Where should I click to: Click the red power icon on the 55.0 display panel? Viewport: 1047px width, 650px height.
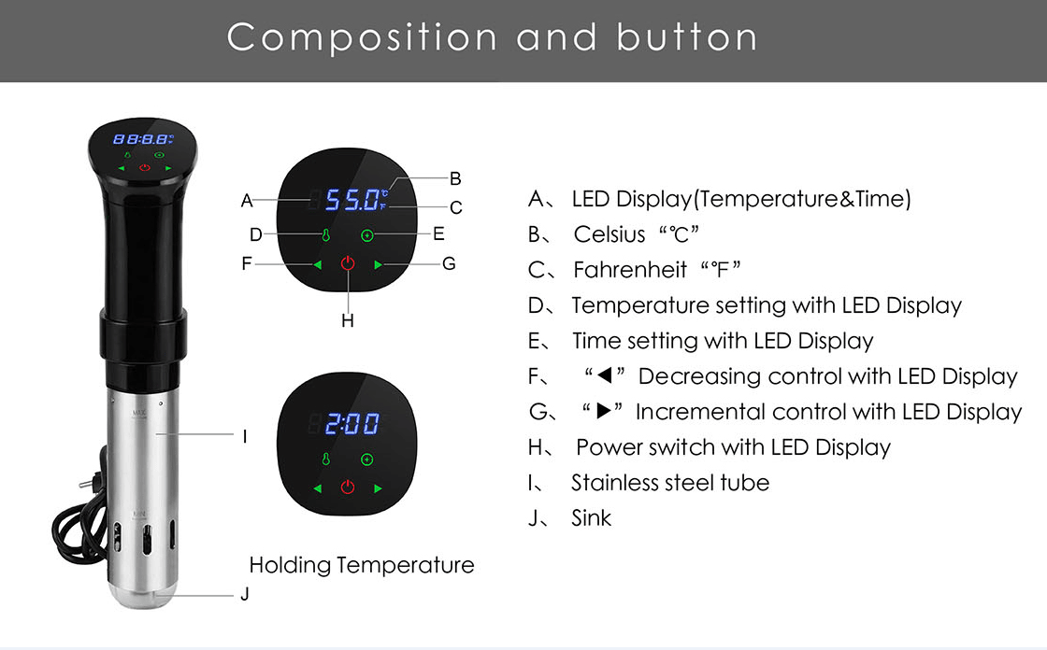348,263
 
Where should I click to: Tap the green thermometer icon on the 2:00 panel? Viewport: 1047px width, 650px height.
326,459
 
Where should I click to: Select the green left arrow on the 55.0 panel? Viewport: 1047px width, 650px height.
317,265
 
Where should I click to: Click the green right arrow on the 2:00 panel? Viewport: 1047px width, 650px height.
378,488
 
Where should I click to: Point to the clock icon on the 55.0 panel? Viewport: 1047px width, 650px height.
366,235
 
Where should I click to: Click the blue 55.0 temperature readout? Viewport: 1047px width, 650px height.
352,200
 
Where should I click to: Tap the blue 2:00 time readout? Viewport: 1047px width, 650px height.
351,424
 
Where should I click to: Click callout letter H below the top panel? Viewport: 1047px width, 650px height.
347,321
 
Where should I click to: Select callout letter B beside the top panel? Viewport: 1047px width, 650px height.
455,178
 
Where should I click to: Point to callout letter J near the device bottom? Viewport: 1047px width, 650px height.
245,594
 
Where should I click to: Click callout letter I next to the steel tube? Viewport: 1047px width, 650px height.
245,436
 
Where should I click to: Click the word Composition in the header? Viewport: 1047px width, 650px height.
362,37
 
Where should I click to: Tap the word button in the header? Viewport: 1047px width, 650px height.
686,36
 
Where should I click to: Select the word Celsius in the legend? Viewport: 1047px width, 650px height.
609,234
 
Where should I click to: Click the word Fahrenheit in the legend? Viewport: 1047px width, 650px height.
630,270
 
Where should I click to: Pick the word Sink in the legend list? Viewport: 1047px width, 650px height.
591,518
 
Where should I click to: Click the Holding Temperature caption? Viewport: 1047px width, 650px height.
361,565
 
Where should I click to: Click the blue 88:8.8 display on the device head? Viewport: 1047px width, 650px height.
143,139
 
